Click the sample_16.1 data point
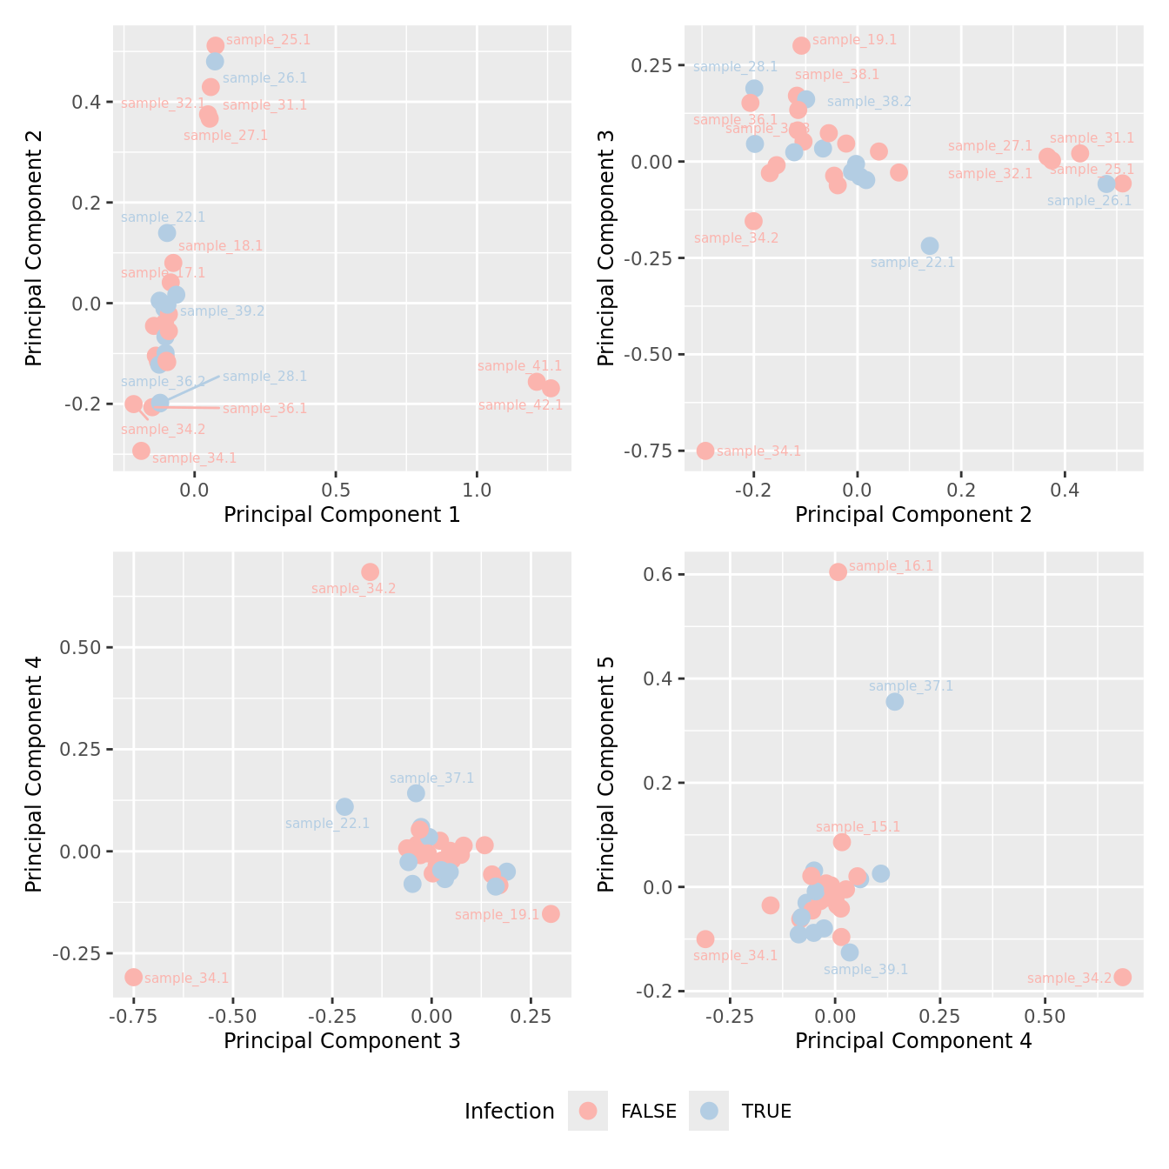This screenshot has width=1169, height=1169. (838, 571)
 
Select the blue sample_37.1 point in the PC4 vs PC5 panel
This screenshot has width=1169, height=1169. (894, 701)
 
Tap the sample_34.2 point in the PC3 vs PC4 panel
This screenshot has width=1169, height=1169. (370, 571)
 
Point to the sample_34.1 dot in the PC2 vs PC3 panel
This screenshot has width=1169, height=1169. (705, 451)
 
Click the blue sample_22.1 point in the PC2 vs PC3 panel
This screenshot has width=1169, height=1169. (930, 246)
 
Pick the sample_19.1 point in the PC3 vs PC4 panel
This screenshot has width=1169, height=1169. (551, 913)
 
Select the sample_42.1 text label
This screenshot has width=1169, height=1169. (520, 405)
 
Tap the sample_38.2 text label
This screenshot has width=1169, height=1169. (869, 102)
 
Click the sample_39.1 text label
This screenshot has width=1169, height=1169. (865, 969)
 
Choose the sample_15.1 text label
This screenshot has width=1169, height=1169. (858, 827)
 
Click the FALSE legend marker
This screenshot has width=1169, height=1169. (588, 1111)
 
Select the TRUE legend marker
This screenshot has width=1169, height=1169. (709, 1111)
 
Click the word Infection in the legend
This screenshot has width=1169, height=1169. (509, 1112)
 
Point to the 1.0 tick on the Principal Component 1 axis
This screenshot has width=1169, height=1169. (477, 490)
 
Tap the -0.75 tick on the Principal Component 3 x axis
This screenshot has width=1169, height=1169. (133, 1016)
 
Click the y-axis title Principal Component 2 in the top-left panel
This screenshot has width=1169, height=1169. (34, 249)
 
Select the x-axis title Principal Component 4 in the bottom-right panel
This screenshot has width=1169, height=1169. (913, 1041)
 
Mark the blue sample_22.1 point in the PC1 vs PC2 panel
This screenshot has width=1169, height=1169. (167, 232)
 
